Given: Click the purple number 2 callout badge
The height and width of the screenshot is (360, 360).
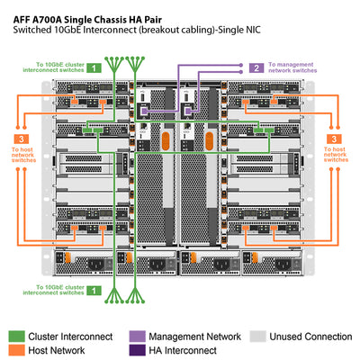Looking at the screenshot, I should tap(256, 67).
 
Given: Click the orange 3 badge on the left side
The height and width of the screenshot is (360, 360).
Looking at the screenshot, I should tap(21, 139).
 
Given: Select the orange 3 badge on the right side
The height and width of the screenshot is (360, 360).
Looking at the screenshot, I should tap(335, 139).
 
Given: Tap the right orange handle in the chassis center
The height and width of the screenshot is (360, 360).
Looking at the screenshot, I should tap(209, 143).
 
